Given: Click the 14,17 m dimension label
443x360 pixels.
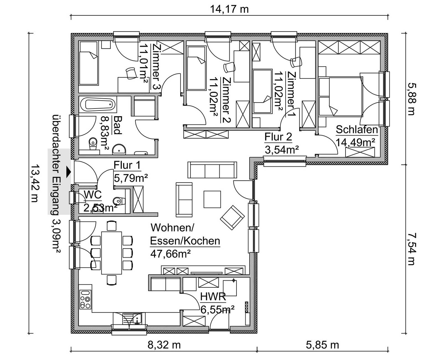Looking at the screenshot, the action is [229, 9].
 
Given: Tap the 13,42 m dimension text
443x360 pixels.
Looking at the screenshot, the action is [35, 183].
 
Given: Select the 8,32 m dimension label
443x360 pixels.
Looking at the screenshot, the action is [164, 345].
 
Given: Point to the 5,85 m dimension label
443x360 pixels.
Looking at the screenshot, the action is [322, 345].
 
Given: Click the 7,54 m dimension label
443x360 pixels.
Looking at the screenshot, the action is [411, 249].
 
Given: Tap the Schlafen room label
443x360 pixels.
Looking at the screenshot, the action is [357, 130].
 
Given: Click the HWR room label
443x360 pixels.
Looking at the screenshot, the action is [213, 297].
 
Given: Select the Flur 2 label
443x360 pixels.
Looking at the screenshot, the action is [278, 137].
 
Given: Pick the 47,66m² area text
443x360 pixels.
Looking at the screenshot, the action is [171, 254].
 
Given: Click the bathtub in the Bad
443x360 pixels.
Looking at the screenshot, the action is [97, 104].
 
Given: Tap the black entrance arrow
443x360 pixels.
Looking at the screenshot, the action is [69, 172].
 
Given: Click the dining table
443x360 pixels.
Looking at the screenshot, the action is [112, 253].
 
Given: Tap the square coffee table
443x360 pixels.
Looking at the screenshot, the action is [212, 199].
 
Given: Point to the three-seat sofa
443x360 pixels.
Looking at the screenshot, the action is [212, 170].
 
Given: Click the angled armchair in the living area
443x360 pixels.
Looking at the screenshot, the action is [232, 218].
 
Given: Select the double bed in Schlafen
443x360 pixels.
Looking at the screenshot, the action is [341, 96].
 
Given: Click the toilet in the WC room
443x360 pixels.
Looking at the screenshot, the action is [119, 201].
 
